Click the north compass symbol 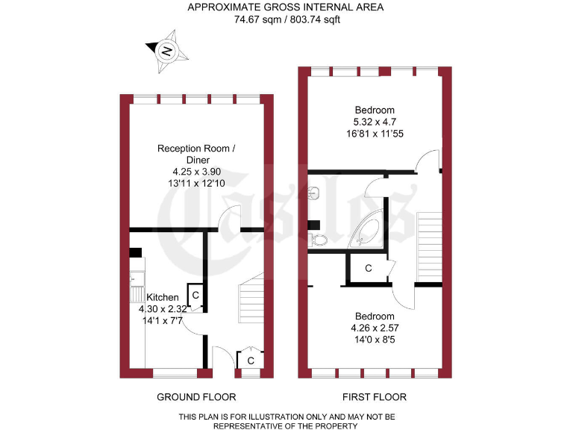166,52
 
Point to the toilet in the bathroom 317,240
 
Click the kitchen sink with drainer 137,280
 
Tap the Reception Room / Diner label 195,154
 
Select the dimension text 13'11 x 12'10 195,183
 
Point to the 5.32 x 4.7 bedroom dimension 375,122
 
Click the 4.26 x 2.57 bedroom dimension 375,326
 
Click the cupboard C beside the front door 251,361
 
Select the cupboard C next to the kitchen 195,296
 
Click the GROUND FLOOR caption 196,396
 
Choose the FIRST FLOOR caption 375,396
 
